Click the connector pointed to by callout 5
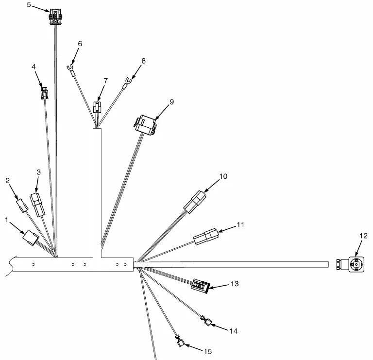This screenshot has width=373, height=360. coord(55,17)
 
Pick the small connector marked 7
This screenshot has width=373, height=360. coord(97,107)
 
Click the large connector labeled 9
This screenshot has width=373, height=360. coord(145,125)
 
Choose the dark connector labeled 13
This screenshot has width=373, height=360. coord(200,286)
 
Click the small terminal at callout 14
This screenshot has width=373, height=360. coord(206,321)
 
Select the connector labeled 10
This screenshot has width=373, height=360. coord(195,202)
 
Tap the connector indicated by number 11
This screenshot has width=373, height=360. coord(206,237)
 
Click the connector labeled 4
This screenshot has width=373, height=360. coord(45,93)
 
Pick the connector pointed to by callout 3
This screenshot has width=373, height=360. coord(37,205)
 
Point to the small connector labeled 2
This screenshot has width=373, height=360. coord(22,206)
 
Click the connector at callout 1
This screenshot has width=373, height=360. coord(31,238)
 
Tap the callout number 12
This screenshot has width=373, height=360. coord(363,236)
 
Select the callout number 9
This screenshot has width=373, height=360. coord(171,102)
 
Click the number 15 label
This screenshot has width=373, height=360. coord(208,351)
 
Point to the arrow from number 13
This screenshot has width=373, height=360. coord(219,286)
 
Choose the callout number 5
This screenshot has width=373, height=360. coord(29,4)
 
